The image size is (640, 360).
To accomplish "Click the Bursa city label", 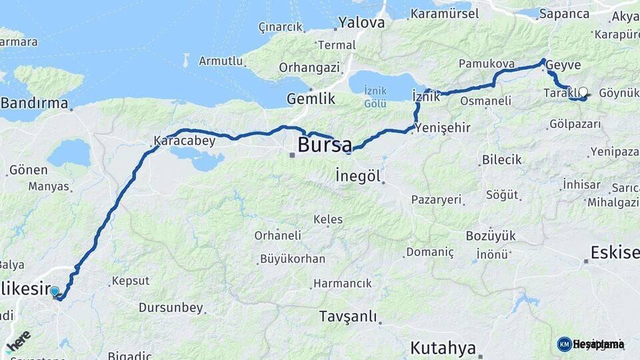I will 325,145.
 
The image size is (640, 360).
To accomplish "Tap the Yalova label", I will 361,23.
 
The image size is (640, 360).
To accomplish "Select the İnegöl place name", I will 358,177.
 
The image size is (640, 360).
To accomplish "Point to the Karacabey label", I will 175,141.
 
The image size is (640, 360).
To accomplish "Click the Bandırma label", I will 35,103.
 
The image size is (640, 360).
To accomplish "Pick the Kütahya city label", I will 443,347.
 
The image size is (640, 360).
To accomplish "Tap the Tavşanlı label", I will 347,316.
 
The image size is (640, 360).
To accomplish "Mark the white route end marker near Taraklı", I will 583,92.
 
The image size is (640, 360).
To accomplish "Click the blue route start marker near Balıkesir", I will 55,291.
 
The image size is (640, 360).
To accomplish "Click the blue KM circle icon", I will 564,344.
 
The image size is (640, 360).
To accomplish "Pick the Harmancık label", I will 342,283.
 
